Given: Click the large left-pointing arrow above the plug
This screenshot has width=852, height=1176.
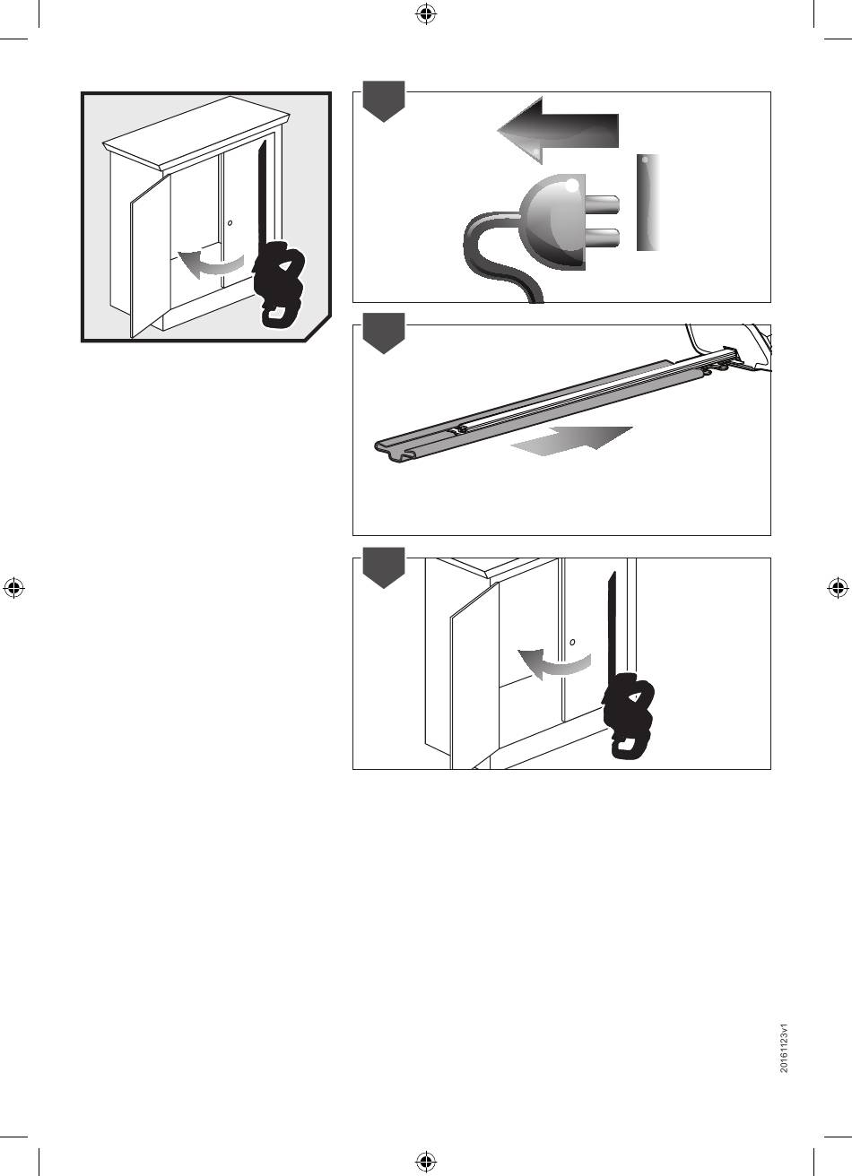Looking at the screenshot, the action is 558,130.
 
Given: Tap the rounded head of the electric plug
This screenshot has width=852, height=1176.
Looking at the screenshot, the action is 552,221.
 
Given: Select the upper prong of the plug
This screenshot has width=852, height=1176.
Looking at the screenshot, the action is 602,204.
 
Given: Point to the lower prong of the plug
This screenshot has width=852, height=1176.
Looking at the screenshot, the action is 602,238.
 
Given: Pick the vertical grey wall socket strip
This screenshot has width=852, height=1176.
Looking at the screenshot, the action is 648,203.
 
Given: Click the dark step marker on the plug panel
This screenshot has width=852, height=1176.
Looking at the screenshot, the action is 384,101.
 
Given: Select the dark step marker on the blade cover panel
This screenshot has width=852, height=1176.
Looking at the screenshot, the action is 384,333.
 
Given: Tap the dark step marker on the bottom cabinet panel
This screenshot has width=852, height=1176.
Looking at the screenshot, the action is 384,567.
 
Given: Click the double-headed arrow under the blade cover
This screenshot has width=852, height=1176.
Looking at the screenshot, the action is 571,441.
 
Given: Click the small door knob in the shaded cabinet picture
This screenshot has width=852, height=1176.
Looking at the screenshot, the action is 230,223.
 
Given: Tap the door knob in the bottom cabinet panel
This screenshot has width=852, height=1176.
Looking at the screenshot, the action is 572,642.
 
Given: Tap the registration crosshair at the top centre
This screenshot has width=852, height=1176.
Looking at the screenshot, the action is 426,14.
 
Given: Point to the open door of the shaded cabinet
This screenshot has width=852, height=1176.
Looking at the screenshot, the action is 151,255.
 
